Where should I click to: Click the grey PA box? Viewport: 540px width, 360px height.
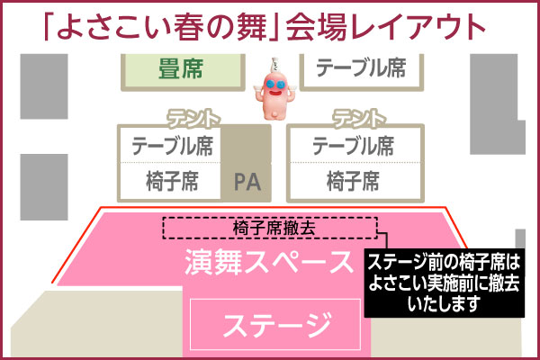[246, 180]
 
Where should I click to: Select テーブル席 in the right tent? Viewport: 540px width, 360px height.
[353, 145]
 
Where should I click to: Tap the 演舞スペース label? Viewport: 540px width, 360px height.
[270, 264]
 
